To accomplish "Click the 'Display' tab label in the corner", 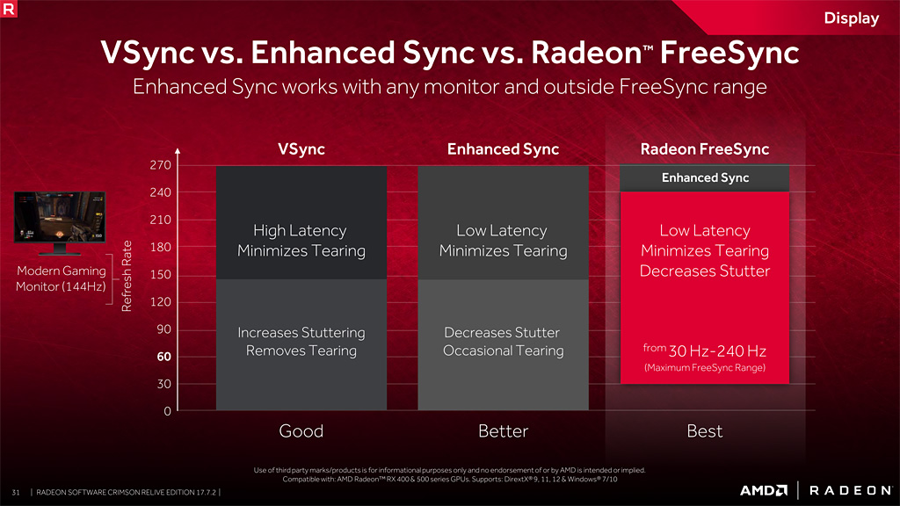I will point(851,18).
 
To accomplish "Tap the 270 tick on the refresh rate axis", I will point(160,165).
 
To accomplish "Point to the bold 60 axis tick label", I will point(163,357).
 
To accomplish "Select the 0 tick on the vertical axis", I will point(167,412).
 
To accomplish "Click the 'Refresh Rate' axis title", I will point(127,275).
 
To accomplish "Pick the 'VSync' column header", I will point(301,149).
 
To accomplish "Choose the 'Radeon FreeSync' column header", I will point(704,149).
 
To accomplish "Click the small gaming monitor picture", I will point(60,218).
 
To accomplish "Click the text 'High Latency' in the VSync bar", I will point(300,230).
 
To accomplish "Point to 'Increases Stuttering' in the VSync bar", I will point(301,333).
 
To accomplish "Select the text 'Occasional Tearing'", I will point(503,351).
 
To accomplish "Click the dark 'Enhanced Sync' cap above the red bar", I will point(705,178).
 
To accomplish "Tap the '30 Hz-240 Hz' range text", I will point(717,351).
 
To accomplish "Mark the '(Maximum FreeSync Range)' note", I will point(705,368).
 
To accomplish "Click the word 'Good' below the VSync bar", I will point(301,430).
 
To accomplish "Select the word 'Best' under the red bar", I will point(704,430).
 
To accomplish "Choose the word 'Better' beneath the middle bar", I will point(503,430).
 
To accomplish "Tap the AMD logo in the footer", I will point(762,490).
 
